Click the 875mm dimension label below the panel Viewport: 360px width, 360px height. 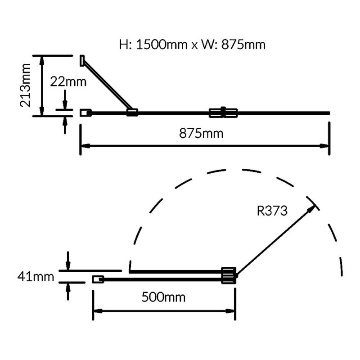pyautogui.click(x=201, y=133)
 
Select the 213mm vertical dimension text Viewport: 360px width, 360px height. pyautogui.click(x=25, y=85)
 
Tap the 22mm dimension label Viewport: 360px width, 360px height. pyautogui.click(x=68, y=82)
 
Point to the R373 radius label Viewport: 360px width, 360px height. pyautogui.click(x=272, y=211)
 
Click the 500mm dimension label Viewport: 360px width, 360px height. pyautogui.click(x=163, y=297)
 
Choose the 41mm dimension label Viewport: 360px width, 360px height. pyautogui.click(x=36, y=276)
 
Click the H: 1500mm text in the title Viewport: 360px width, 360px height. pyautogui.click(x=153, y=45)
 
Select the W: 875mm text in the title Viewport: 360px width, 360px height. pyautogui.click(x=233, y=45)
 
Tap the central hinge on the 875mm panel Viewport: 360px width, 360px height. pyautogui.click(x=223, y=112)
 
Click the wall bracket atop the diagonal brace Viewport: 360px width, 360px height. pyautogui.click(x=82, y=61)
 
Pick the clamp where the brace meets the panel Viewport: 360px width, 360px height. pyautogui.click(x=132, y=112)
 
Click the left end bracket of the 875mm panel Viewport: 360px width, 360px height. pyautogui.click(x=85, y=113)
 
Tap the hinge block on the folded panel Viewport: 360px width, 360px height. pyautogui.click(x=229, y=275)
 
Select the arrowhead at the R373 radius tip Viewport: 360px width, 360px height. pyautogui.click(x=312, y=208)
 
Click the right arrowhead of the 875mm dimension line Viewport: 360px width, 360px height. pyautogui.click(x=324, y=146)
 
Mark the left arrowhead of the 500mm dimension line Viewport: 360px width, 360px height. pyautogui.click(x=98, y=311)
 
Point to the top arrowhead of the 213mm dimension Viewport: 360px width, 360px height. pyautogui.click(x=41, y=60)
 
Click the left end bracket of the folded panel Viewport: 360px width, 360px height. pyautogui.click(x=98, y=279)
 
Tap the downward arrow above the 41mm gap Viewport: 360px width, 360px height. pyautogui.click(x=68, y=261)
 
